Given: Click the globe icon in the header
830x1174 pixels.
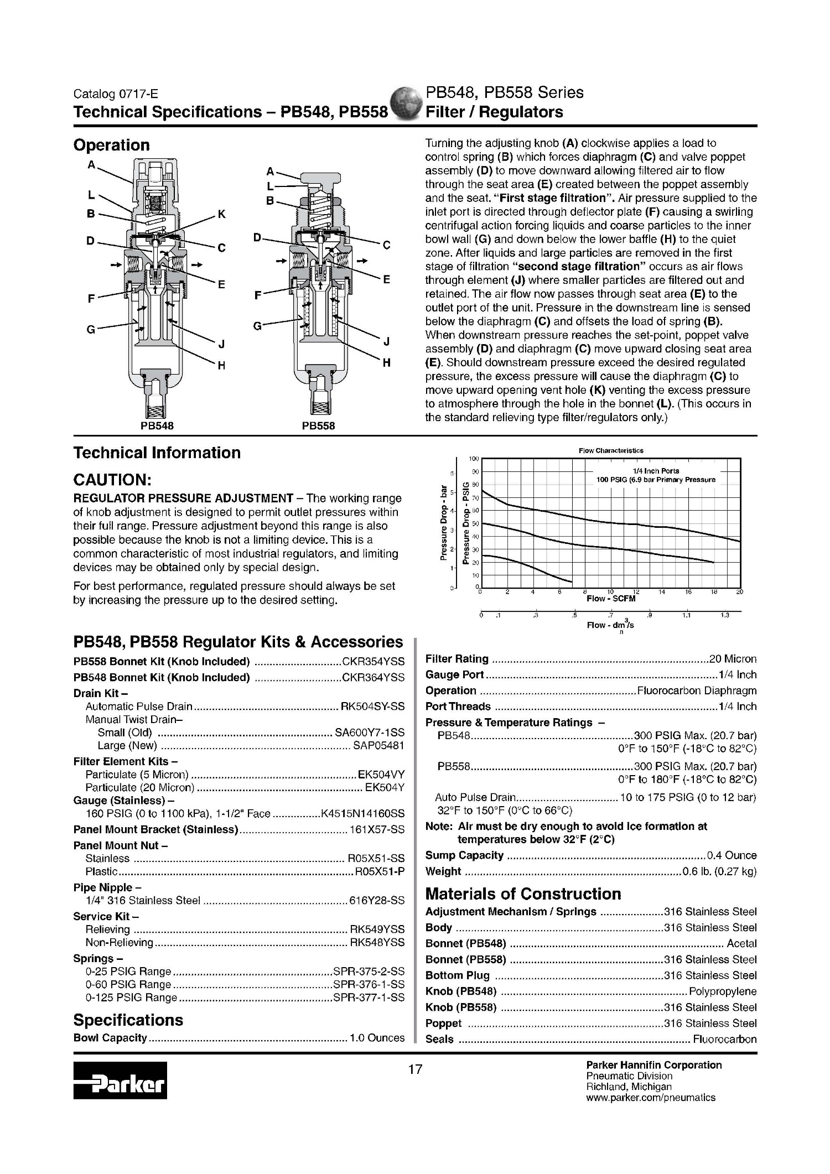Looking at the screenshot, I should tap(406, 103).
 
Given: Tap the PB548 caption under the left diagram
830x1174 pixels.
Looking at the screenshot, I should tap(157, 426).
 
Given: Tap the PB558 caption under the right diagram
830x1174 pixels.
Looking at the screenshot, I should tap(318, 426).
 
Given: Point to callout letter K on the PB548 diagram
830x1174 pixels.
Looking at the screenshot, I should tap(221, 214).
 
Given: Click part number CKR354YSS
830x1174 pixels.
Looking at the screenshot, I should tap(373, 662).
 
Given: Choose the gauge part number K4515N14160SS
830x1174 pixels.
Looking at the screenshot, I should tap(363, 813).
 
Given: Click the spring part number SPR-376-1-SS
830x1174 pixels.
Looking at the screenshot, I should tap(369, 984).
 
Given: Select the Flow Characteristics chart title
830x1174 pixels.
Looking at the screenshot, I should tap(611, 450).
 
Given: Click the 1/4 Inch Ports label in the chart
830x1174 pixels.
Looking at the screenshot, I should tap(656, 471).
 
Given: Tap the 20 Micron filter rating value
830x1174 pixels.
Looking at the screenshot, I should tap(733, 659).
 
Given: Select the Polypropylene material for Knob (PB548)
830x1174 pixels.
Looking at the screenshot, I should tap(723, 991).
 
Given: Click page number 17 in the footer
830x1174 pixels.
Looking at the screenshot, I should tap(415, 1069).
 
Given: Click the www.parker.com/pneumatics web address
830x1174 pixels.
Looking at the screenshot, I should tap(651, 1098).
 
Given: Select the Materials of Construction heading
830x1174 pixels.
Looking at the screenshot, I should tap(523, 894).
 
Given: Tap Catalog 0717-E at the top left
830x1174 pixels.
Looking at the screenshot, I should tap(116, 95).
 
